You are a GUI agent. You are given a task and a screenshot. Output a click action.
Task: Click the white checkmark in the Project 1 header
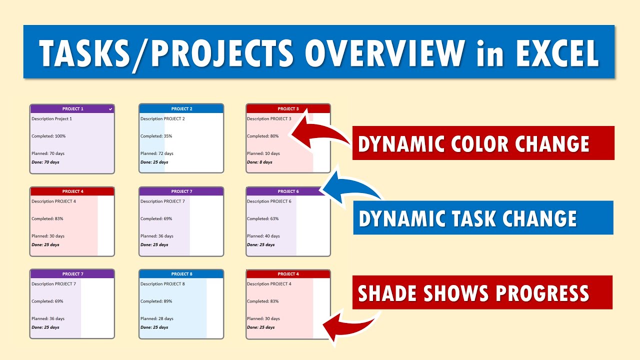[x=110, y=109]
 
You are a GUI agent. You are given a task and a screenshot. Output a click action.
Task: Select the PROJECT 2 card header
[x=181, y=108]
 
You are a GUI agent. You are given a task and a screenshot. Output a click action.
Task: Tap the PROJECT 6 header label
[x=288, y=191]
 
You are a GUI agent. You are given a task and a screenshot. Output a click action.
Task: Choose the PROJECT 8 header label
[x=181, y=274]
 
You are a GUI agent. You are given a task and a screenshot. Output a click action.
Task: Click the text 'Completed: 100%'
[x=48, y=136]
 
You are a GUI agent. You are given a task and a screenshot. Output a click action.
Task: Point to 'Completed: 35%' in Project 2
[x=156, y=136]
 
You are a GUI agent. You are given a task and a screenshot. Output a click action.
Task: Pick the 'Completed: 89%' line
[x=156, y=301]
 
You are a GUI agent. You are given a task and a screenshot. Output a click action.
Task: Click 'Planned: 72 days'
[x=157, y=153]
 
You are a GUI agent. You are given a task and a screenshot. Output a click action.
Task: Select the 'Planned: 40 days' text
[x=263, y=236]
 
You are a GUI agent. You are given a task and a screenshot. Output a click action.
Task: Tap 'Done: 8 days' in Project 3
[x=259, y=162]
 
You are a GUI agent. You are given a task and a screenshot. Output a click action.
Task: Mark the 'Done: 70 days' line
[x=45, y=162]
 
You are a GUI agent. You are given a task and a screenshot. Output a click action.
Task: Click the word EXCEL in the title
[x=557, y=53]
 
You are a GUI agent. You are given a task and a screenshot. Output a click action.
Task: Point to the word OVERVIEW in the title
[x=385, y=53]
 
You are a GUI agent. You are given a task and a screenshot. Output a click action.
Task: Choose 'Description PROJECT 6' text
[x=269, y=201]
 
